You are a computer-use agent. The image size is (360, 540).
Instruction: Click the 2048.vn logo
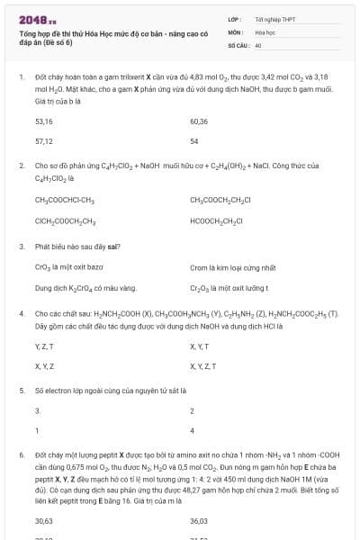(37, 19)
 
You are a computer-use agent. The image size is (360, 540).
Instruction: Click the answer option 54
(193, 141)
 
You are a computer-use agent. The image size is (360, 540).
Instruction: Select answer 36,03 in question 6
(199, 521)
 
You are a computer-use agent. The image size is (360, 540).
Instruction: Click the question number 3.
(21, 246)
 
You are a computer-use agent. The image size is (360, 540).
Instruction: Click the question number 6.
(21, 456)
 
